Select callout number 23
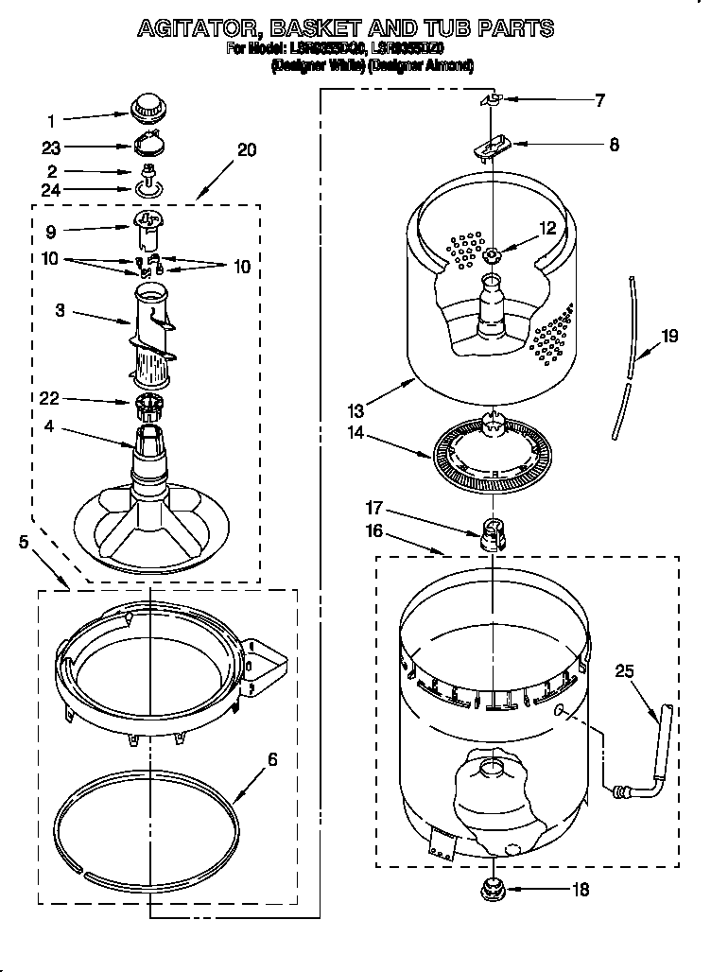[x=51, y=147]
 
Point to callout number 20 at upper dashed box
[x=246, y=149]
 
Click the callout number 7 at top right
[x=598, y=100]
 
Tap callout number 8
[x=614, y=145]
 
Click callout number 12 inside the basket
[x=547, y=227]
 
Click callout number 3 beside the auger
[x=60, y=309]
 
